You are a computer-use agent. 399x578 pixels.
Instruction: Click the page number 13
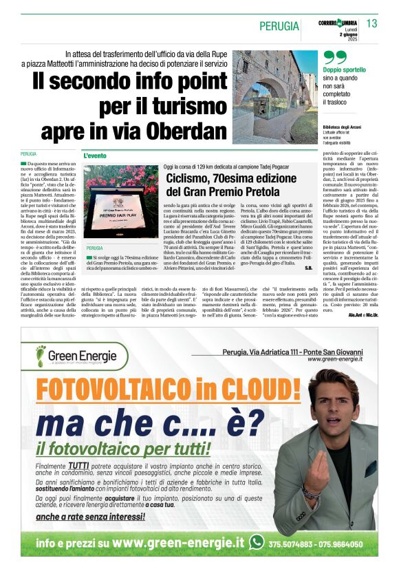(x=371, y=23)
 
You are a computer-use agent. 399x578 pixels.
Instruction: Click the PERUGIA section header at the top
(x=278, y=26)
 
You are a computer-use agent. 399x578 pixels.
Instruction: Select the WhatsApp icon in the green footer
(x=257, y=542)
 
